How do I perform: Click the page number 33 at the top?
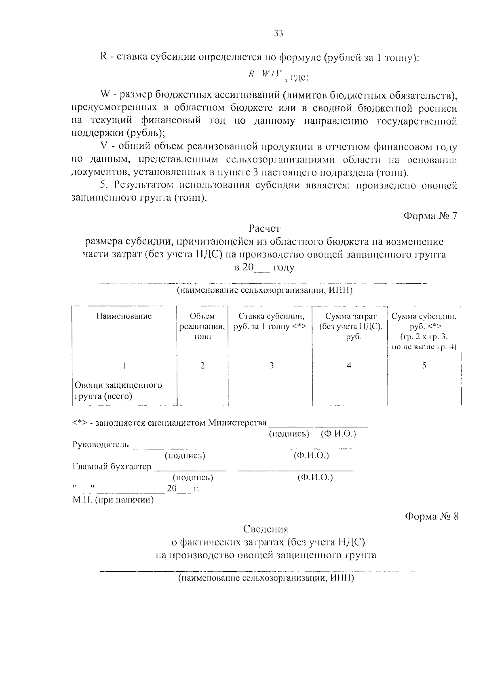click(279, 34)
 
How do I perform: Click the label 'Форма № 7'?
click(431, 215)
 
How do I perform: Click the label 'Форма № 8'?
click(432, 516)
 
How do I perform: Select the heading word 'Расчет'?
click(265, 229)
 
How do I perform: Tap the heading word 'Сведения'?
click(266, 529)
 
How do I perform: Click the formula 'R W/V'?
click(266, 74)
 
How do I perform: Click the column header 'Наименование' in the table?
click(124, 316)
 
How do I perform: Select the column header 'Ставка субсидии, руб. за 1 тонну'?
click(271, 321)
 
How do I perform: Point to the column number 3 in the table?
click(272, 365)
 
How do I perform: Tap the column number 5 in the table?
click(424, 365)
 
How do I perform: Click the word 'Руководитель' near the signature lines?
click(101, 445)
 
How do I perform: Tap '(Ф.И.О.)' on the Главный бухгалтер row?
click(315, 478)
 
